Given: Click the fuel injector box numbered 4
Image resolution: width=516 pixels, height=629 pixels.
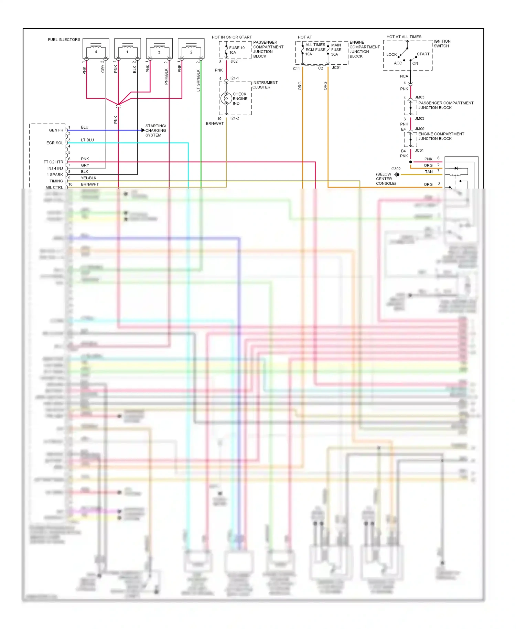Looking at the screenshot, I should coord(96,49).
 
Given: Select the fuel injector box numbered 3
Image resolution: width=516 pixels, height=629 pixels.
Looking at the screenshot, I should coord(159,49).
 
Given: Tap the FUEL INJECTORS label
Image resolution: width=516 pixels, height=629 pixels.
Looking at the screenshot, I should coord(64,40).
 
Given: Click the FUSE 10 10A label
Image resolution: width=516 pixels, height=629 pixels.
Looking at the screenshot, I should coord(237,50).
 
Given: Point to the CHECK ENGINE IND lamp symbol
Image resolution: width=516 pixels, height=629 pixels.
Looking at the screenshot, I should coord(226,98).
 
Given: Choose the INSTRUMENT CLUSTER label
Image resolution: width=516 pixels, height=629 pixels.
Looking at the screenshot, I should coord(265,85).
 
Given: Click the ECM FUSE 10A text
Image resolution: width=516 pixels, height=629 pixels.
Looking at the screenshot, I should coord(315,50).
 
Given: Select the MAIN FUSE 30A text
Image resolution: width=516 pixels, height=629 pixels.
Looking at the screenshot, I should coord(336,50).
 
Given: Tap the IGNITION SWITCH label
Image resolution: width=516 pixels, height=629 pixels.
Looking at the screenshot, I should coord(442,44).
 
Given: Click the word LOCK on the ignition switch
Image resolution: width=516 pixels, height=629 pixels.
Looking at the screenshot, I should coord(391,54).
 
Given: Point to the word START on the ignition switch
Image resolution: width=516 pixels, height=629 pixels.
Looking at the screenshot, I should coord(423,54).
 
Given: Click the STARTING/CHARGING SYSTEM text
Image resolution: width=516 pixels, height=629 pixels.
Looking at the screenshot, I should coord(155,130).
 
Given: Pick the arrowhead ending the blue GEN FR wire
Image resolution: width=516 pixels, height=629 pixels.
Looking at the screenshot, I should coord(143,130).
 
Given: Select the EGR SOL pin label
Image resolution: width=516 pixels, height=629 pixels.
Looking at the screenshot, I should coord(55,143).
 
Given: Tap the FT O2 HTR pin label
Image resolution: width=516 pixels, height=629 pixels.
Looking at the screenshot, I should coord(53,162).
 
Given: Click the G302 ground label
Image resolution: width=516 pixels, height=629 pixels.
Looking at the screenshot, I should coord(396,169).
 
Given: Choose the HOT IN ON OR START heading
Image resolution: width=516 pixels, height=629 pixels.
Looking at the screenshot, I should coord(232,37).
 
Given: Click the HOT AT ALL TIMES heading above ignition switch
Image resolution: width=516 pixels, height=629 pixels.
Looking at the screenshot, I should coord(404,37).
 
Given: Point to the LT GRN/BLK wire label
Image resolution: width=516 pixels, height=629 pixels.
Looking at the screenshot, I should coord(198,81).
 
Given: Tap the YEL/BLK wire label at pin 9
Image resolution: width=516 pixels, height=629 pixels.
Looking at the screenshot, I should coord(88,178).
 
